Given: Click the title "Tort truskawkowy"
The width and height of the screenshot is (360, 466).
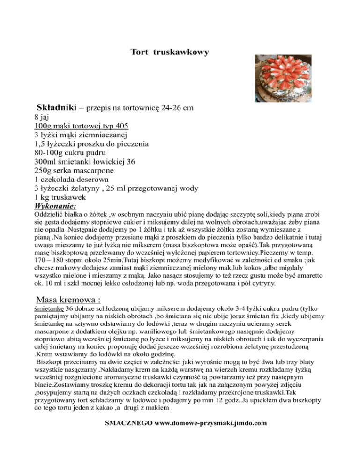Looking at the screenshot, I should (169, 53).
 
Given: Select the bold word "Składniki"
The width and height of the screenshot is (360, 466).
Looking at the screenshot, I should (57, 108).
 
